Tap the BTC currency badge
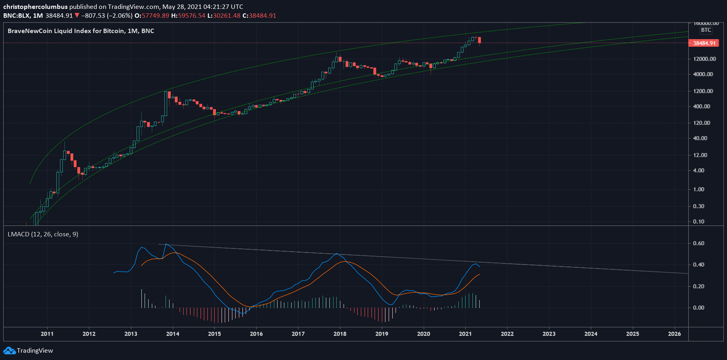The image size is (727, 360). point(706,30)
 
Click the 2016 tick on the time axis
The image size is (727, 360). point(256,334)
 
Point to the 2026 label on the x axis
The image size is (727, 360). point(674,334)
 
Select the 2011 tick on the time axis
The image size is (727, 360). point(47,334)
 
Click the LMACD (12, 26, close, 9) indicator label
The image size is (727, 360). point(43,234)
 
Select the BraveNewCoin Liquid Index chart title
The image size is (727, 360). point(80,31)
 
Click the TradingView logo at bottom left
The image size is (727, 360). point(28,351)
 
